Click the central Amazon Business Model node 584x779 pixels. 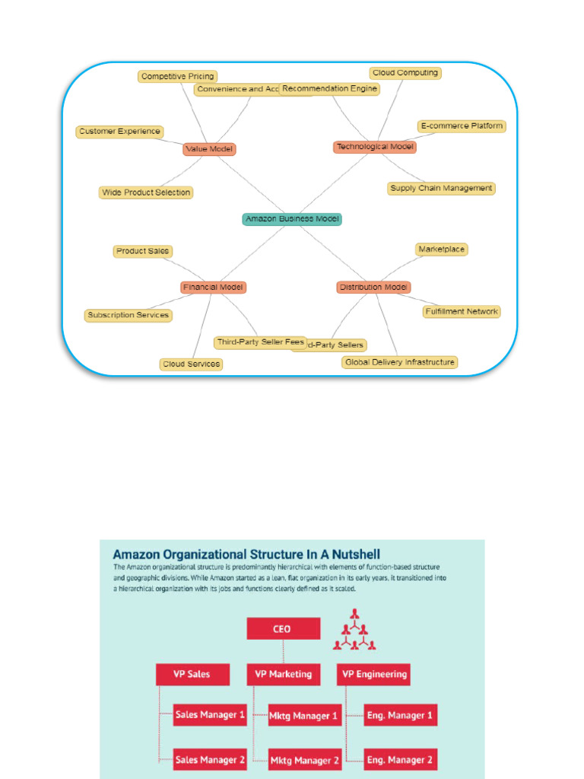coord(292,219)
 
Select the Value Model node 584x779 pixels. coord(209,149)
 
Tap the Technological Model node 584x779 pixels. coord(375,147)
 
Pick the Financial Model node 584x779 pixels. coord(214,288)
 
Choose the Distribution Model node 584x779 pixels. coord(373,288)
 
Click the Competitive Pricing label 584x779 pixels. coord(177,76)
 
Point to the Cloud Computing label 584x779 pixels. coord(405,73)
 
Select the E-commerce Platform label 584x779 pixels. coord(462,126)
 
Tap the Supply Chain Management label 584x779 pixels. coord(441,188)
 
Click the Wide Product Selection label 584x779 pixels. coord(146,192)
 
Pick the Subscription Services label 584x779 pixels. coord(128,315)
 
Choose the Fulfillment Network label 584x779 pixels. coord(462,311)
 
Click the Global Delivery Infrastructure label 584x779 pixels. coord(399,362)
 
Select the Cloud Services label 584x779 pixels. coord(192,364)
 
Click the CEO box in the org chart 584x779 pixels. coord(282,629)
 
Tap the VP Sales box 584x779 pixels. coord(191,674)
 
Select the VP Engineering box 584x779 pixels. coord(374,674)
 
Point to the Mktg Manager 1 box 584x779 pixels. coord(303,716)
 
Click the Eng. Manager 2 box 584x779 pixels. coord(401,759)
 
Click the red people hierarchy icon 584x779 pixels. coord(354,631)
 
